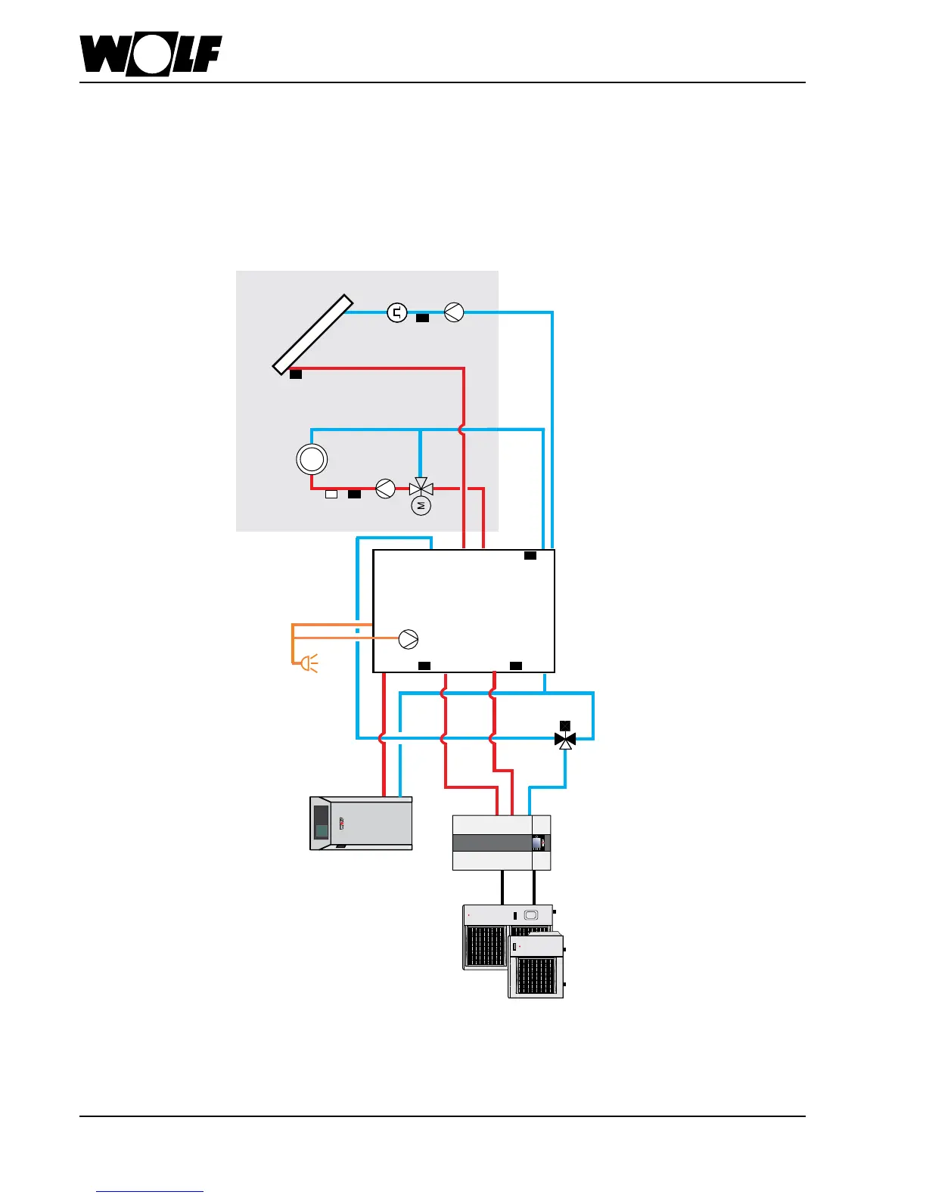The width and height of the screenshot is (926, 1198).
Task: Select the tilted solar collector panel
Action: click(x=313, y=334)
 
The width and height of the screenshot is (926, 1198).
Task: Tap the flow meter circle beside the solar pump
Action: click(x=397, y=312)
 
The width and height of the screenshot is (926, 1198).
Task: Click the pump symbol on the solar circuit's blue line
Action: click(x=454, y=312)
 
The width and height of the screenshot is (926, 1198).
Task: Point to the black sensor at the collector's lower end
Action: click(x=296, y=374)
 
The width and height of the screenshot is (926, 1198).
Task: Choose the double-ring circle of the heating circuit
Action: click(x=312, y=459)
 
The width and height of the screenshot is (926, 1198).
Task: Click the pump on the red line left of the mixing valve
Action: click(x=386, y=489)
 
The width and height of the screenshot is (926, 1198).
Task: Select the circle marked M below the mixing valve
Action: click(x=421, y=505)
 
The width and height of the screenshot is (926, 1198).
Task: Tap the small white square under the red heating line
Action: click(x=331, y=495)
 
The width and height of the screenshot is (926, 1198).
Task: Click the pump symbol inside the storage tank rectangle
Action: click(x=409, y=639)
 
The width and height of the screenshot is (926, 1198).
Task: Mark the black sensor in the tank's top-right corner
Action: click(x=530, y=556)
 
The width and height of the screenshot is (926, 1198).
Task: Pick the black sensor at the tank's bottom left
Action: click(x=424, y=666)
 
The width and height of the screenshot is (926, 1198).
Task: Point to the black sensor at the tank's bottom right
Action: click(x=516, y=666)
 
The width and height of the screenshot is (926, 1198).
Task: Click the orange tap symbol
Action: click(x=309, y=664)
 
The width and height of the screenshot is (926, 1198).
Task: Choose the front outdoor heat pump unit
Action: click(x=536, y=967)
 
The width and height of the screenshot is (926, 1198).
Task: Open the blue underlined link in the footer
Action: click(x=150, y=1192)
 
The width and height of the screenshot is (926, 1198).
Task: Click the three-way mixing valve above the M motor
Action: click(x=421, y=488)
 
